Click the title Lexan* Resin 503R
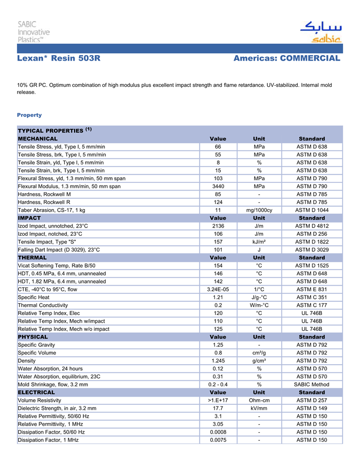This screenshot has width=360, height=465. click(59, 59)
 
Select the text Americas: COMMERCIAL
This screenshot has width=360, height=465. click(286, 59)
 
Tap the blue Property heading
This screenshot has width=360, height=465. click(29, 115)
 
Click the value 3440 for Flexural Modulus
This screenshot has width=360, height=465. click(218, 186)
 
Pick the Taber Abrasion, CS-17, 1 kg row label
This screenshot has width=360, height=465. click(51, 210)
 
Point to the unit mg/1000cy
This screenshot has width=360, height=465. click(259, 210)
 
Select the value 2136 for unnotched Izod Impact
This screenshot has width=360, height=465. click(218, 226)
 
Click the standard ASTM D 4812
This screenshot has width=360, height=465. click(312, 226)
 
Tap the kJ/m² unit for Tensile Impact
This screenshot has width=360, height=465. click(259, 241)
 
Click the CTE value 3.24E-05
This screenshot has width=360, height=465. click(218, 289)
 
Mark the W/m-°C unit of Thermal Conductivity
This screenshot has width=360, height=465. click(259, 305)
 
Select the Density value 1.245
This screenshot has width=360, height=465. click(218, 360)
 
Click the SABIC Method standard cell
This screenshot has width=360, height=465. click(312, 384)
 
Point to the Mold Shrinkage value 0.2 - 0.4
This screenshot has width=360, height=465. click(218, 384)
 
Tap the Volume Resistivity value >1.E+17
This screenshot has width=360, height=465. click(218, 400)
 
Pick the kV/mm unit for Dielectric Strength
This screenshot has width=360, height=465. click(259, 408)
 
